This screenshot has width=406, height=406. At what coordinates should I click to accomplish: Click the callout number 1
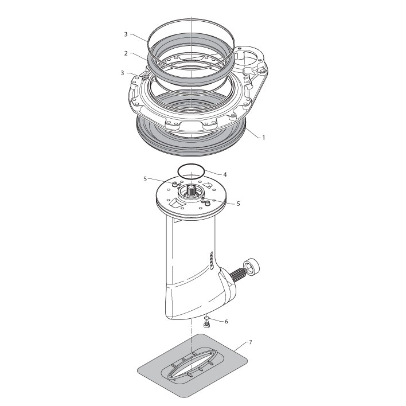[264, 138]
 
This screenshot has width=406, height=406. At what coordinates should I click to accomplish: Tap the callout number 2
[126, 53]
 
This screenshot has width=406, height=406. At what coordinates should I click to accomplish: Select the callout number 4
[225, 175]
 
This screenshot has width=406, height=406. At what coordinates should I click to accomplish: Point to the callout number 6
[226, 322]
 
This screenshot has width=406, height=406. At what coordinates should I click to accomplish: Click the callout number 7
[251, 342]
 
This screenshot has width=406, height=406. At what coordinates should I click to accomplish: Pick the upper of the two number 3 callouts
[126, 34]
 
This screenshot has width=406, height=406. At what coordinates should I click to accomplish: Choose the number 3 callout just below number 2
[123, 73]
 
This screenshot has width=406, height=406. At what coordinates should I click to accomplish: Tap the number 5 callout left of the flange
[145, 179]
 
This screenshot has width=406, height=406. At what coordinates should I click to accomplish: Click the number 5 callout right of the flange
[238, 204]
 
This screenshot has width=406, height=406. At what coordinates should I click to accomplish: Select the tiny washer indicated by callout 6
[206, 318]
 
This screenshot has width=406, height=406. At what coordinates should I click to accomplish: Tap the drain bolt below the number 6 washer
[206, 323]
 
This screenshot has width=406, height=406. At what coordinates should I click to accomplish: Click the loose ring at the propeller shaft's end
[251, 267]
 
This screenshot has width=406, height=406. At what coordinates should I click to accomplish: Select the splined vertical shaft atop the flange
[191, 191]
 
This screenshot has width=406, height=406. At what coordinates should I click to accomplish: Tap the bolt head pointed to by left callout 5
[175, 184]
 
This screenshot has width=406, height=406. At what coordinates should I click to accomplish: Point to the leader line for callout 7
[241, 346]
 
